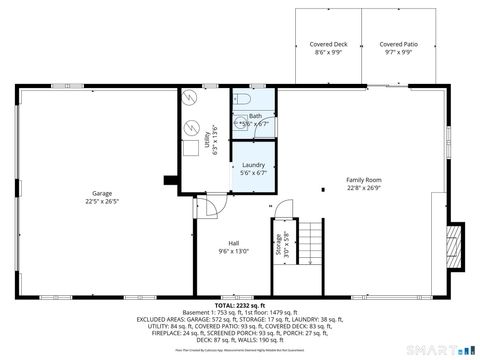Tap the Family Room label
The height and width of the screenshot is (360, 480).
(363, 179)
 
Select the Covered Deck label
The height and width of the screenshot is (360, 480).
(327, 45)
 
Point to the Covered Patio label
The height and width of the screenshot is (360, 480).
(398, 45)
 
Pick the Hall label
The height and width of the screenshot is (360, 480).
(233, 243)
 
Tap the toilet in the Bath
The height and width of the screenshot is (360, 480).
(244, 100)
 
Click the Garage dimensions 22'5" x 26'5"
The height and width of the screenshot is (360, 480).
(102, 200)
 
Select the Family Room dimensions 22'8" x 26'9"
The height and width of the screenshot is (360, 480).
(363, 187)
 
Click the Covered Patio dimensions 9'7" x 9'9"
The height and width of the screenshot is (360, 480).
(398, 52)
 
